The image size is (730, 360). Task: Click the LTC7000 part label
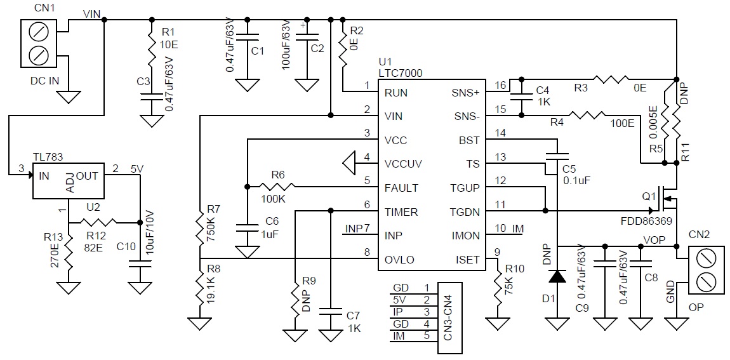point(401,72)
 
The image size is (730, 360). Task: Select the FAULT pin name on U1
point(401,188)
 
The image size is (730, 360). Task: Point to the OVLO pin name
point(399,260)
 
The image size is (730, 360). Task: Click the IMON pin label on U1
point(465,236)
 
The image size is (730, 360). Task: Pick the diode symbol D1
point(557,276)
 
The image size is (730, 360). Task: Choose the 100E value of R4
point(623,123)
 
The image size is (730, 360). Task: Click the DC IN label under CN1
point(44,81)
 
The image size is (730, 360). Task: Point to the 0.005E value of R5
point(654,122)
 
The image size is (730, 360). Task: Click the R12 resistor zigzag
point(99,222)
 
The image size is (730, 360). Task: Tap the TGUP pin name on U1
point(465,188)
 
